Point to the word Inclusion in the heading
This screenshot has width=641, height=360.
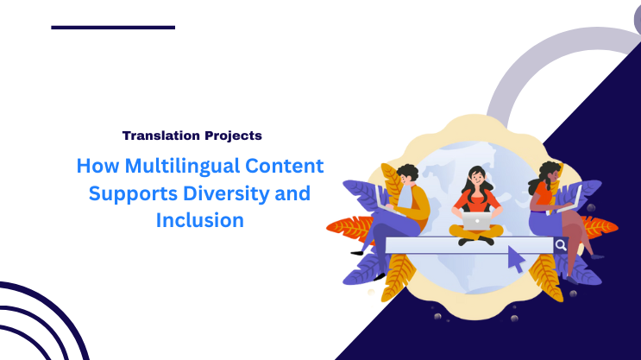coord(200,220)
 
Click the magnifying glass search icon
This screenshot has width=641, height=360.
coord(561,245)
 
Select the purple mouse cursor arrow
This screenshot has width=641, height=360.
coord(516,258)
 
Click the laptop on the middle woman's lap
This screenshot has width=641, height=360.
coord(475,222)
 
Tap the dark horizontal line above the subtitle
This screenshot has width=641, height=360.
coord(113,27)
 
